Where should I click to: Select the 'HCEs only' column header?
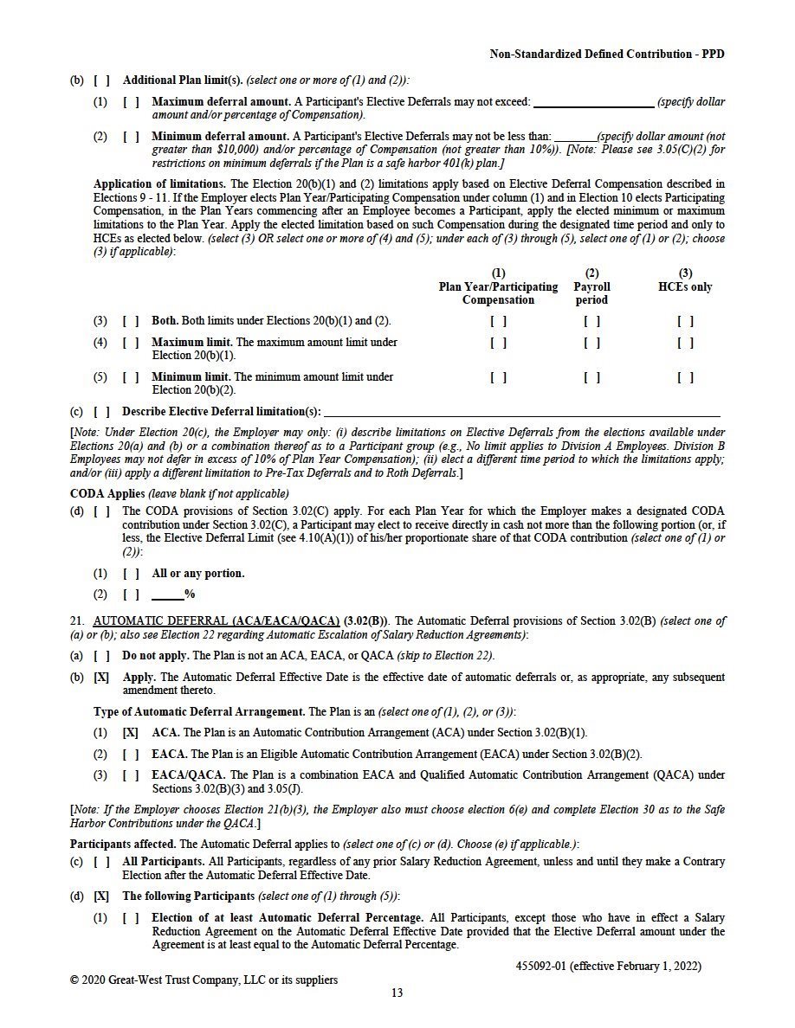(685, 280)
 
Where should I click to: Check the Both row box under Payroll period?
(591, 321)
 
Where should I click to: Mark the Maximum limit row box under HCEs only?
(685, 343)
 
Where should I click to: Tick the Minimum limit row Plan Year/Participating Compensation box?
(498, 377)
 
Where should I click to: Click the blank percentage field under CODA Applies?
(167, 595)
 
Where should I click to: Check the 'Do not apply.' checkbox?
(101, 656)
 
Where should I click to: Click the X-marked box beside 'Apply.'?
(101, 678)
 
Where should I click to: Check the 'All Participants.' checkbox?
(101, 862)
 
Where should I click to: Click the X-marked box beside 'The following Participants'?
(101, 896)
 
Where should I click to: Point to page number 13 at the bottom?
(397, 993)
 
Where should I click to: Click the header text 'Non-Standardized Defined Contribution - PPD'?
(607, 54)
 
